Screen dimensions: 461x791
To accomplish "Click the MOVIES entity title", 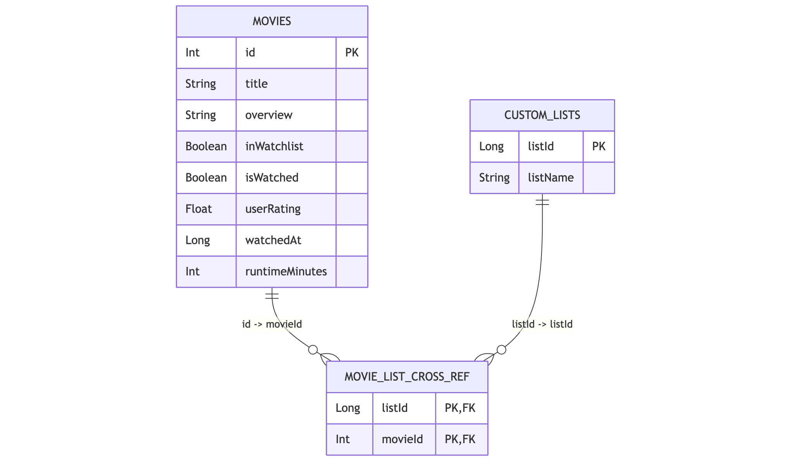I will [x=272, y=21].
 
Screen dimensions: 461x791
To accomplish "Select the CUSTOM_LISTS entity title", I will [x=542, y=115].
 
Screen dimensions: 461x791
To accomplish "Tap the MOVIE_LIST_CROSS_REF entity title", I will [x=407, y=377].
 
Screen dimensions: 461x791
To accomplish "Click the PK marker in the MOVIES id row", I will [x=352, y=53].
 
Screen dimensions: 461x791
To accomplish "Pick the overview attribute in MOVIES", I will [x=269, y=115].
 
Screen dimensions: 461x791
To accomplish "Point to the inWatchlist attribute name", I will [x=274, y=146].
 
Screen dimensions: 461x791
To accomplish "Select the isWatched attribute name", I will [x=272, y=178].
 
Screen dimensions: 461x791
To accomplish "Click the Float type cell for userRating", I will [x=199, y=209].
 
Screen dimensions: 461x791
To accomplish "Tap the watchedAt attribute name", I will [x=273, y=241].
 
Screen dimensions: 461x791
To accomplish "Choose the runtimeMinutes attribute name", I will [x=286, y=272].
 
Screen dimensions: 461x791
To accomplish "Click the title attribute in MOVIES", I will [x=256, y=84].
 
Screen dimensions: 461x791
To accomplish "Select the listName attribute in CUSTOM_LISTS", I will [x=550, y=178].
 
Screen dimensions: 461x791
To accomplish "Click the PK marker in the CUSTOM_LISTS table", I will [x=598, y=146].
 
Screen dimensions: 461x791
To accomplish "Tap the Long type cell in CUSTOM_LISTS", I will [x=491, y=146].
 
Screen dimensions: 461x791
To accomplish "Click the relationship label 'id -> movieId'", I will [x=272, y=324].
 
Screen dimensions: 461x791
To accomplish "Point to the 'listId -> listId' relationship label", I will [x=542, y=324].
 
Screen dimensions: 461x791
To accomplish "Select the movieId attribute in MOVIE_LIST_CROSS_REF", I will [x=402, y=439].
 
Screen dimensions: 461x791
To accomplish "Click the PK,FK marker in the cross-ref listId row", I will [x=460, y=408].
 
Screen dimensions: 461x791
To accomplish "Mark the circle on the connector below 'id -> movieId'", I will [x=313, y=350].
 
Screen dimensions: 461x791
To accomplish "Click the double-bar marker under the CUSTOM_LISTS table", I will [x=542, y=201].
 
